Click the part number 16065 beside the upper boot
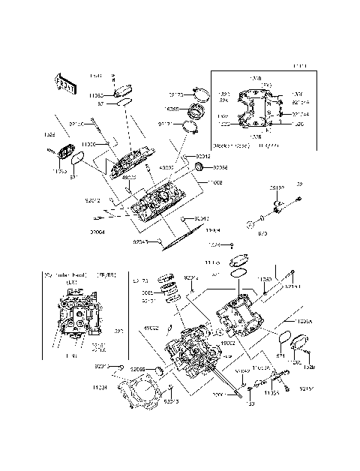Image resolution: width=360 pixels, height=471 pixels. click(172, 109)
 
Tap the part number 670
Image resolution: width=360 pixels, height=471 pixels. click(262, 233)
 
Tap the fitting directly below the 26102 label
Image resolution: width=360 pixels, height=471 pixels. click(278, 204)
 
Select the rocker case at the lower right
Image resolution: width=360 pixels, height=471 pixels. click(240, 316)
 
